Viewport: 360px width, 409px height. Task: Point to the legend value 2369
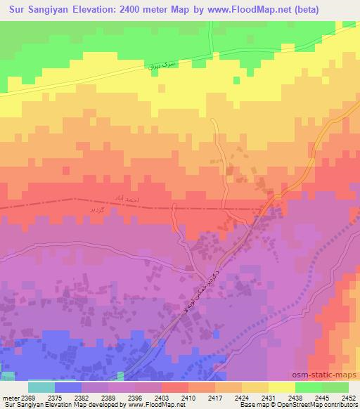30,398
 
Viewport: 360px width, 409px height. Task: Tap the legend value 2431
269,398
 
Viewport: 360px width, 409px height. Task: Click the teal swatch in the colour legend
41,387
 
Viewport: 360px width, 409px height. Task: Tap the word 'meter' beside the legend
11,398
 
